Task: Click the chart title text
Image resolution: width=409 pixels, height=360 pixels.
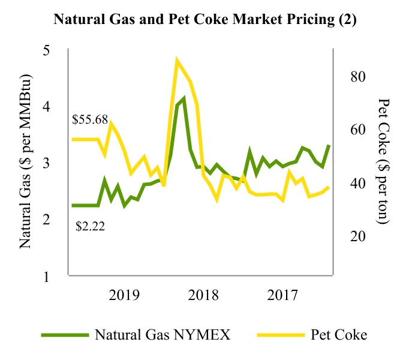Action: [204, 19]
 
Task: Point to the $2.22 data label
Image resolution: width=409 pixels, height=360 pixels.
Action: [90, 226]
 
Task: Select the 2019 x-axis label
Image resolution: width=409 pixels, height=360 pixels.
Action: [125, 295]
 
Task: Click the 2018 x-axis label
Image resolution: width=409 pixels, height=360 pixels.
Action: [203, 295]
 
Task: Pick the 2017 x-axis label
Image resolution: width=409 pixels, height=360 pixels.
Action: [282, 295]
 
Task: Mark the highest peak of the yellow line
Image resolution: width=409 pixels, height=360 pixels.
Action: [177, 60]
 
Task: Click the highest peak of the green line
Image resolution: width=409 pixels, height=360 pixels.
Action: [184, 98]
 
